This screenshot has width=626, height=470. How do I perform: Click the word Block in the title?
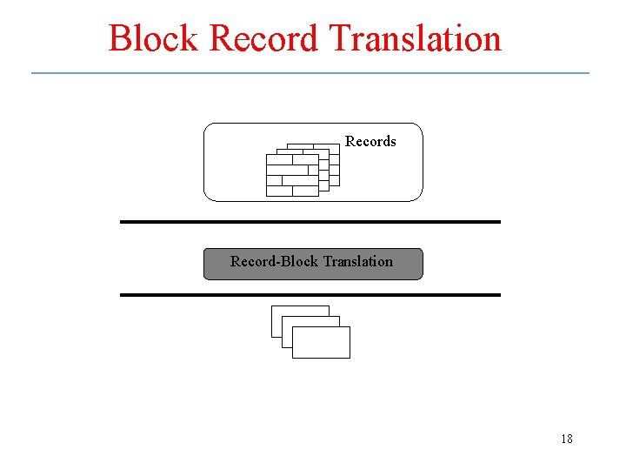[154, 39]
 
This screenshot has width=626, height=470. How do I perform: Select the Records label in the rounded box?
[370, 141]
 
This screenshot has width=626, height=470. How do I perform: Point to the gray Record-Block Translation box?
[313, 264]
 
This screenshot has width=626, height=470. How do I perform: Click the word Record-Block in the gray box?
[274, 261]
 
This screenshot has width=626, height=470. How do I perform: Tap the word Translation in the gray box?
[357, 261]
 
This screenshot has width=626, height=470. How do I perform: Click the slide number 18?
[567, 439]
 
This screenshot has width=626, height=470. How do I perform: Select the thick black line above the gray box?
[310, 222]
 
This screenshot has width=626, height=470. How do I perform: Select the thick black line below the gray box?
[310, 295]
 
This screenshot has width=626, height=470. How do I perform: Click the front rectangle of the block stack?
[321, 343]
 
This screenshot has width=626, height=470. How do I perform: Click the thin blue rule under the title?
[310, 73]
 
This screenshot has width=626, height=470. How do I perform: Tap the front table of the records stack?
[292, 176]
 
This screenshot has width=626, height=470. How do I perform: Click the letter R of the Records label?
[350, 141]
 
